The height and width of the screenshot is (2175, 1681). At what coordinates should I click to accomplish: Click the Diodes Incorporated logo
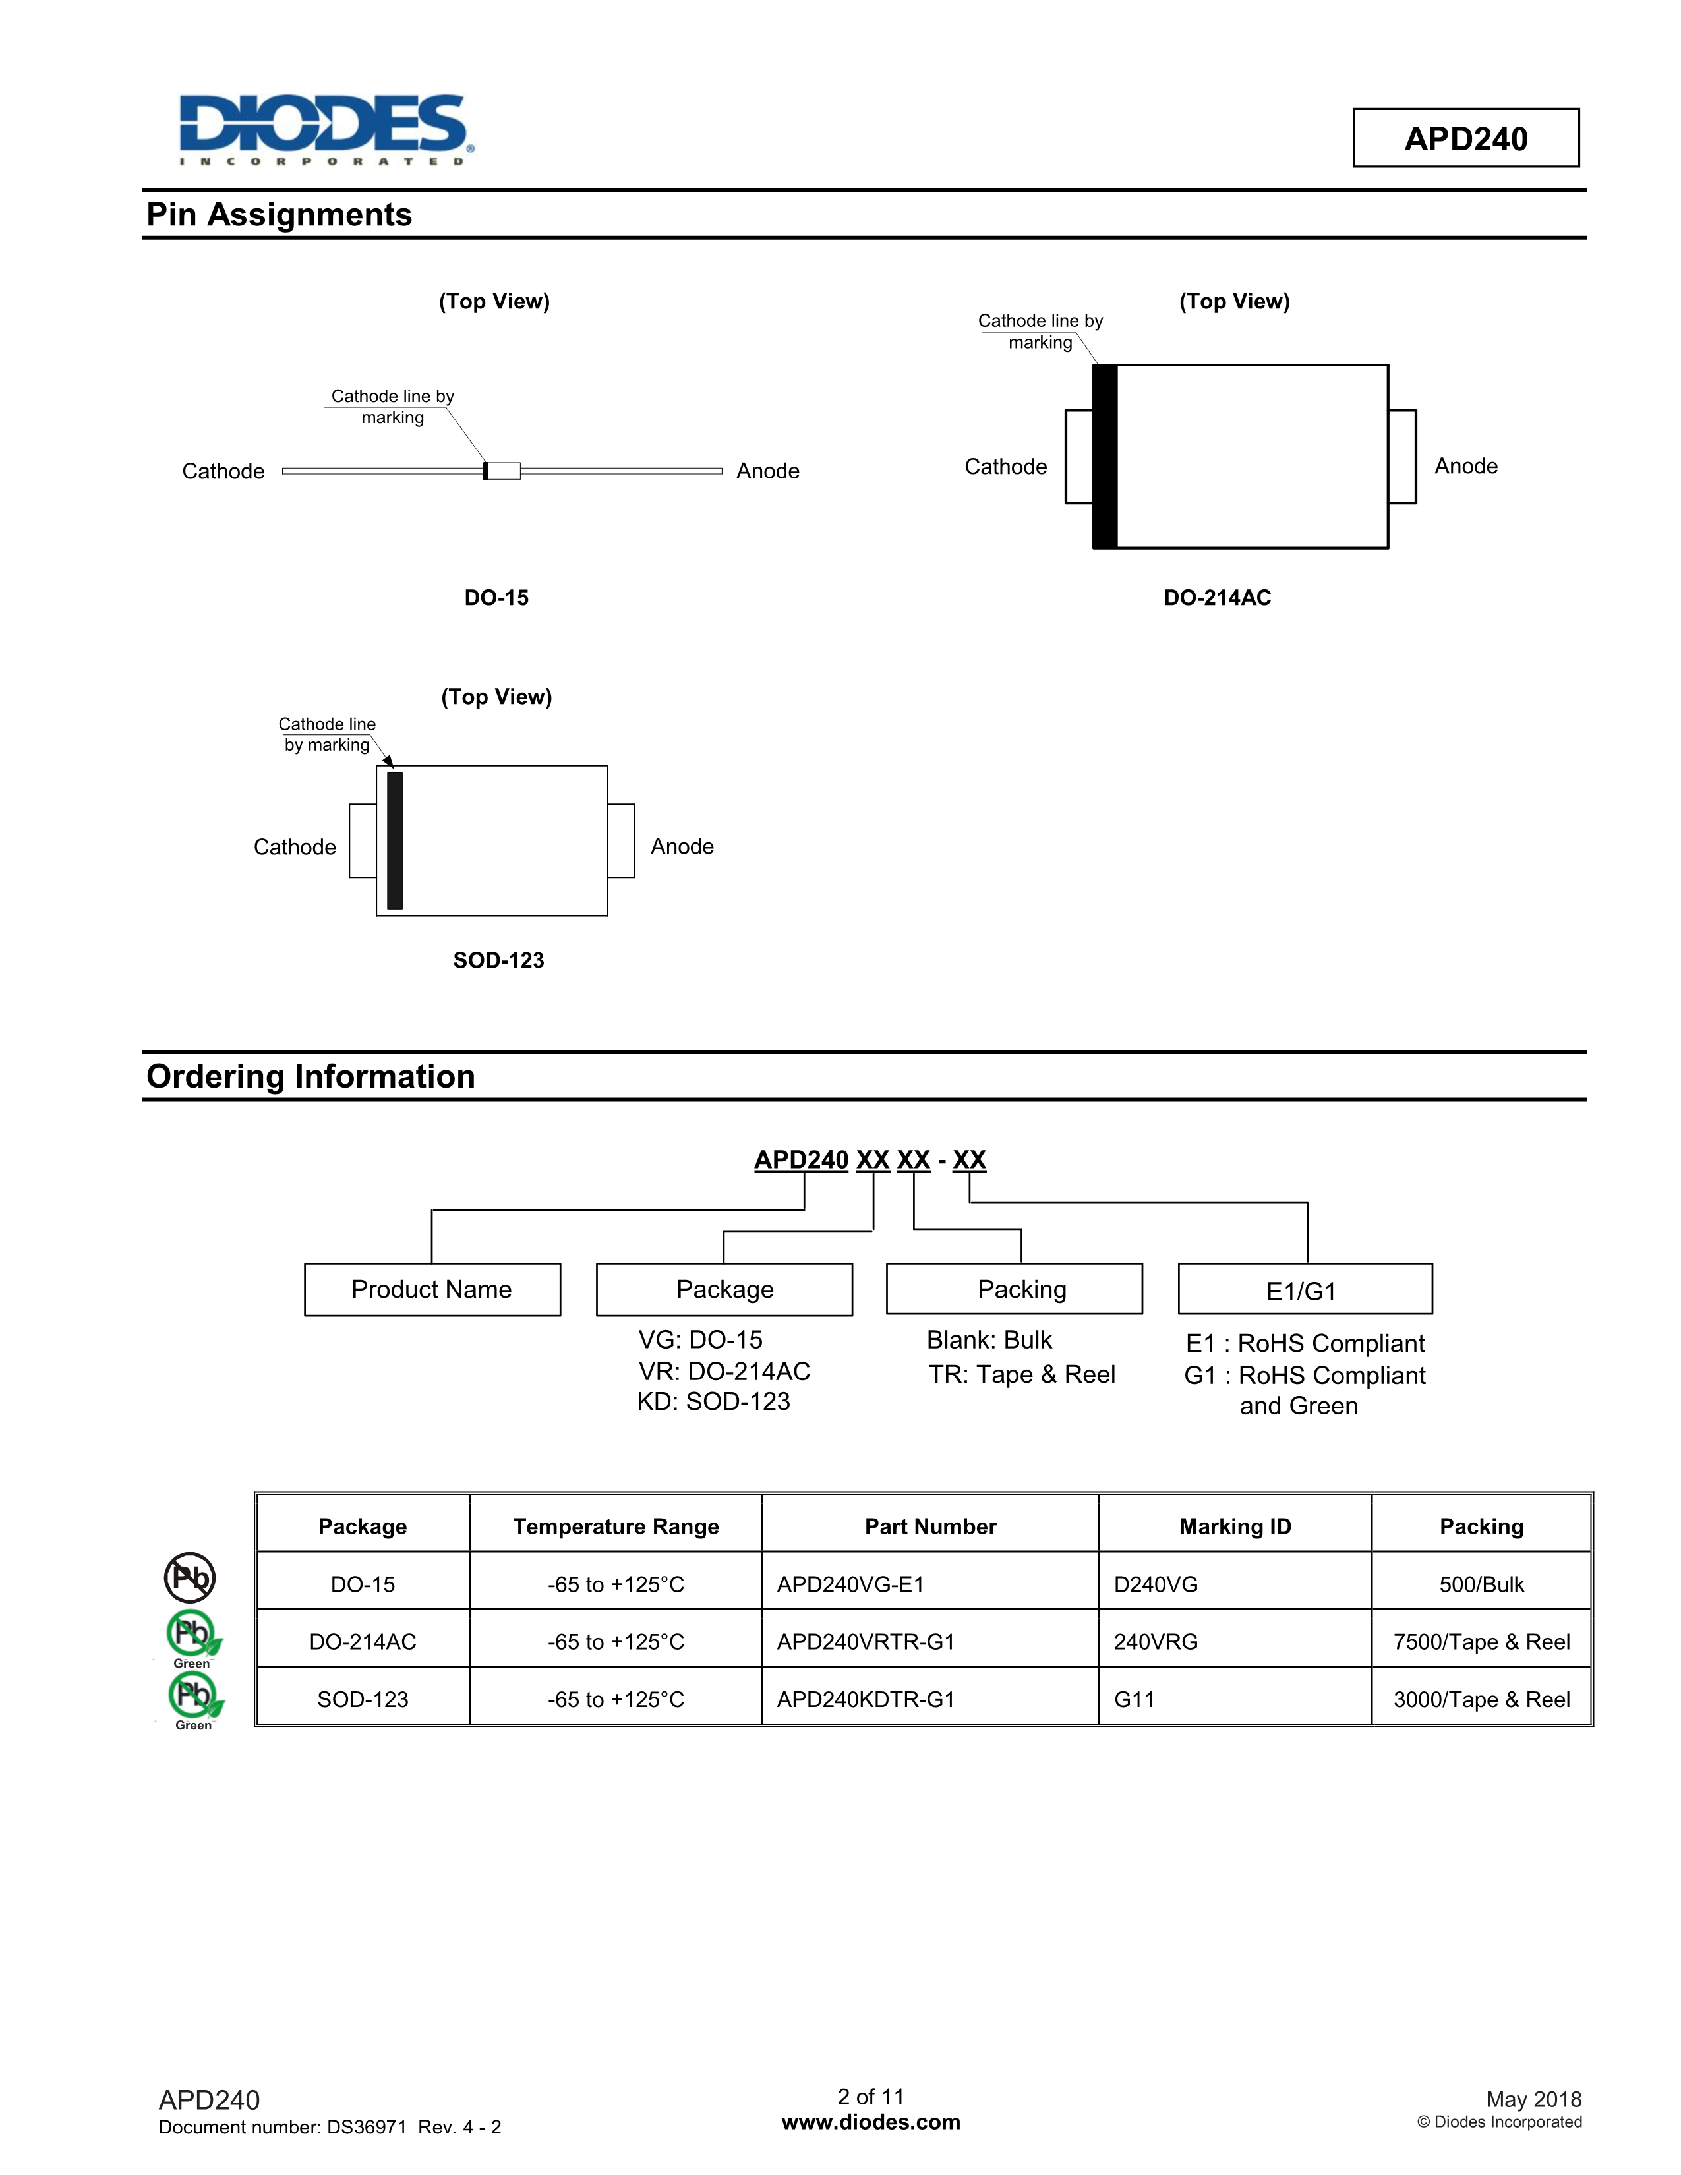pos(324,129)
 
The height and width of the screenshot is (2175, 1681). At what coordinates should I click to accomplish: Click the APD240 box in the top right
pos(1465,138)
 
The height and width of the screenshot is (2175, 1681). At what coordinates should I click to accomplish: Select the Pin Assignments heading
pos(279,215)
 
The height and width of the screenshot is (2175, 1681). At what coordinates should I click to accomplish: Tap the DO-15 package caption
pos(496,598)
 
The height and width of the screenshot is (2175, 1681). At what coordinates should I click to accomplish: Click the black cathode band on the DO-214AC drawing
pos(1104,456)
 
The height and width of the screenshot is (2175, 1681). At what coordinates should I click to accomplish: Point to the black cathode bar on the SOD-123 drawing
pos(394,840)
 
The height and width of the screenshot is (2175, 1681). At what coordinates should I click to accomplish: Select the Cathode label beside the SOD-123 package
pos(295,846)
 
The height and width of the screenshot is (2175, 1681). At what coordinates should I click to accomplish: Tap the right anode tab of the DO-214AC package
pos(1401,456)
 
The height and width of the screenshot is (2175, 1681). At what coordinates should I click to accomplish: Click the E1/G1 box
pos(1305,1290)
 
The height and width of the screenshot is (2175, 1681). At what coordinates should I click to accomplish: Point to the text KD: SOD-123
pos(713,1401)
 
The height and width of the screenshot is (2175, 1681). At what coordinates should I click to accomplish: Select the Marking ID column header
pos(1235,1526)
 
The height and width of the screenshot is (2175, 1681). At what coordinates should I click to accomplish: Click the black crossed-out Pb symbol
pos(189,1577)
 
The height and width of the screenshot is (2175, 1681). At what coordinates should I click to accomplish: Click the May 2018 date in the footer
pos(1533,2099)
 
